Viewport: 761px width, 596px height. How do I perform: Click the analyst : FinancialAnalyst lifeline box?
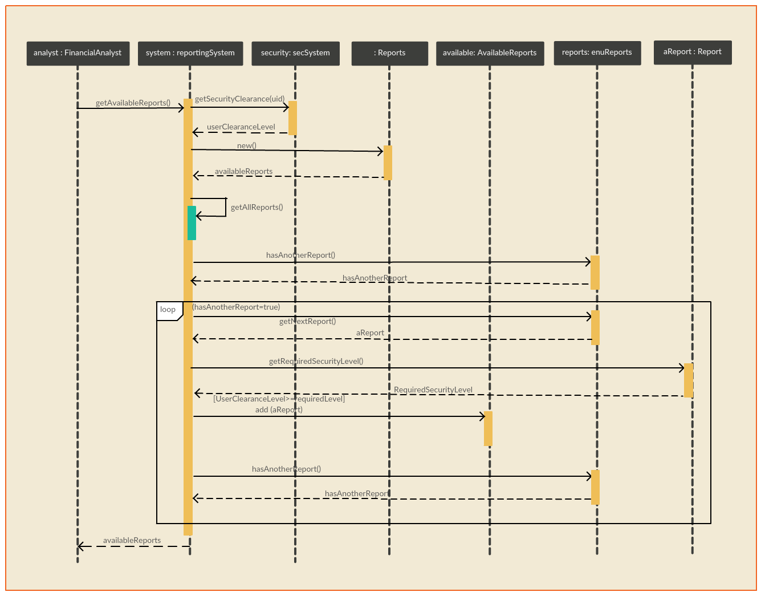(78, 53)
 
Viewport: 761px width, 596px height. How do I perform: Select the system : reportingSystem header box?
(190, 53)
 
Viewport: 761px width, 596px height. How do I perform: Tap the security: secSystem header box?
(295, 53)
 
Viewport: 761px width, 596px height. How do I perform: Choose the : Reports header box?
(389, 53)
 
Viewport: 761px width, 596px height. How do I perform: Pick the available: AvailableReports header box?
(490, 53)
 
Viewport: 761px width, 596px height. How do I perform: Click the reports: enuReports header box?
(597, 53)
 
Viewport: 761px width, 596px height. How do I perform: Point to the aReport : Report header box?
(693, 52)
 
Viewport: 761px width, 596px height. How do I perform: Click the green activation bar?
(192, 223)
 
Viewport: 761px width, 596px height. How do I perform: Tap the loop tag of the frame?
(169, 311)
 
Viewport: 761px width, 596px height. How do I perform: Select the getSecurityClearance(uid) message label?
(239, 99)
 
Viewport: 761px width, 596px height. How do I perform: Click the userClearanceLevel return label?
(241, 127)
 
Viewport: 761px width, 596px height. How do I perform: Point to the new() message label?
(247, 145)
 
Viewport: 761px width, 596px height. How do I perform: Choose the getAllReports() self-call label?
(257, 207)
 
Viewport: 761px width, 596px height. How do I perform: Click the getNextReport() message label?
(307, 321)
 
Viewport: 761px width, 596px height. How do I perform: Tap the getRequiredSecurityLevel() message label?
(316, 361)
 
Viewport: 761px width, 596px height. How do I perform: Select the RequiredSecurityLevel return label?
(433, 390)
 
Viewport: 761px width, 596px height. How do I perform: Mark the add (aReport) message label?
(279, 410)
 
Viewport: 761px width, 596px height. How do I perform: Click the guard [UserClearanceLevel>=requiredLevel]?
(279, 399)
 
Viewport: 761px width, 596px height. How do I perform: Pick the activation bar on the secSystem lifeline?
(292, 118)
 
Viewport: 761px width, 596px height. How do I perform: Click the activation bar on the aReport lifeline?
(689, 380)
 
